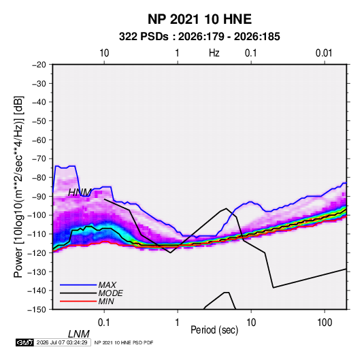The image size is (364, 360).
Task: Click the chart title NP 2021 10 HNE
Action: [x=199, y=19]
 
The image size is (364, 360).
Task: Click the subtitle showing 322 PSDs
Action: [x=199, y=37]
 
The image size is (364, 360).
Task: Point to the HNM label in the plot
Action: [x=80, y=193]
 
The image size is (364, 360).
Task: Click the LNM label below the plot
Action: [x=78, y=334]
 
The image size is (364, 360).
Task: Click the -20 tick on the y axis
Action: [x=39, y=65]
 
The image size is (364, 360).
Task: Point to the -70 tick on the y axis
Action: [x=39, y=159]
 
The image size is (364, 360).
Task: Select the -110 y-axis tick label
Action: [x=37, y=234]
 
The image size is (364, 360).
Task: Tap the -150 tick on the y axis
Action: [x=37, y=310]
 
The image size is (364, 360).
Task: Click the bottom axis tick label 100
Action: [x=325, y=323]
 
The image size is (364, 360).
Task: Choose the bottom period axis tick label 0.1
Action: [x=104, y=323]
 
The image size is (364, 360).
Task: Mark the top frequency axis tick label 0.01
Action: [x=324, y=53]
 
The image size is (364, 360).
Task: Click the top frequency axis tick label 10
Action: [x=104, y=53]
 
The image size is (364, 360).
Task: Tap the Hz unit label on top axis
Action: [x=214, y=53]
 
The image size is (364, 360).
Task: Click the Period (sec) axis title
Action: [x=214, y=330]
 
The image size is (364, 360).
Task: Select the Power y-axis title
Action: [x=18, y=186]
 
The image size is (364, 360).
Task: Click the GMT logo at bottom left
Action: [x=25, y=342]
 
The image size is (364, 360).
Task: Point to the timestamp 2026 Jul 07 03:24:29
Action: [x=62, y=342]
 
